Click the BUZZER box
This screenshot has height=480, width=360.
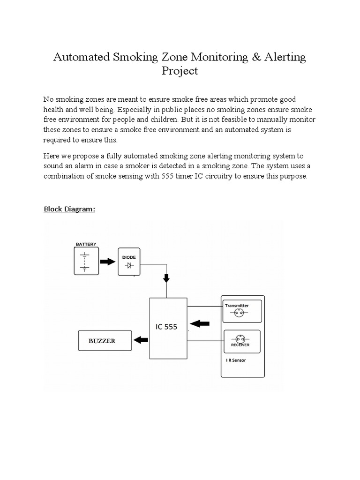(x=105, y=341)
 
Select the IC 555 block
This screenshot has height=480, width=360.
(x=166, y=327)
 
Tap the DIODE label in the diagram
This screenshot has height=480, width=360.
(x=129, y=257)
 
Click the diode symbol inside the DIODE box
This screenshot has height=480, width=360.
(x=129, y=266)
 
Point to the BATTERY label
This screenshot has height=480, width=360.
(x=86, y=244)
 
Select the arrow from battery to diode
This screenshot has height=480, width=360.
(x=107, y=262)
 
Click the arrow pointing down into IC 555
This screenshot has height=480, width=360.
(x=166, y=278)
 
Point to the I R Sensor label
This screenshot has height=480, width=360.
(x=236, y=360)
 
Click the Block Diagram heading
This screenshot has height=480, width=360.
(x=69, y=209)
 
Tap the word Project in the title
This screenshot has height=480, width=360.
(x=180, y=71)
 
